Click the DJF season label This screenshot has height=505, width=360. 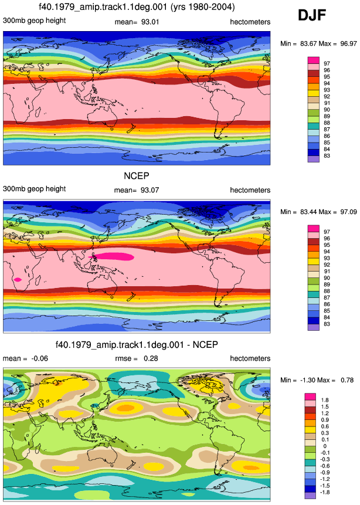coord(312,15)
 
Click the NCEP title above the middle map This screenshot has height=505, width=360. coord(137,176)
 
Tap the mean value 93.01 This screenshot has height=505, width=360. coord(150,22)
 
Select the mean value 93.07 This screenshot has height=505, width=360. coord(150,190)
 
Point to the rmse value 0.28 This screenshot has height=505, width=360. coord(151,358)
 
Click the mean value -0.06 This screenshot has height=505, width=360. coord(39,358)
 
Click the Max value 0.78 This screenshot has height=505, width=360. coord(347,380)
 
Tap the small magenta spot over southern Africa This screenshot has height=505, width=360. coord(18,280)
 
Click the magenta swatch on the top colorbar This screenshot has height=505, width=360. coord(314,60)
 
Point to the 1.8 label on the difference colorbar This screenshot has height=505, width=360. coord(325,400)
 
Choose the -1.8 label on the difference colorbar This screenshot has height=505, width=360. coord(325,492)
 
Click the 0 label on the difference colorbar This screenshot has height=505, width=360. coord(325,446)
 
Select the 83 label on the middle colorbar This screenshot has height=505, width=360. coord(327,324)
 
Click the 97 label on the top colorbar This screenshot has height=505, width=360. coord(327,63)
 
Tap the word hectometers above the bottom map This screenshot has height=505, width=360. coord(250,358)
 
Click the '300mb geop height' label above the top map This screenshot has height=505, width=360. coord(35,21)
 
